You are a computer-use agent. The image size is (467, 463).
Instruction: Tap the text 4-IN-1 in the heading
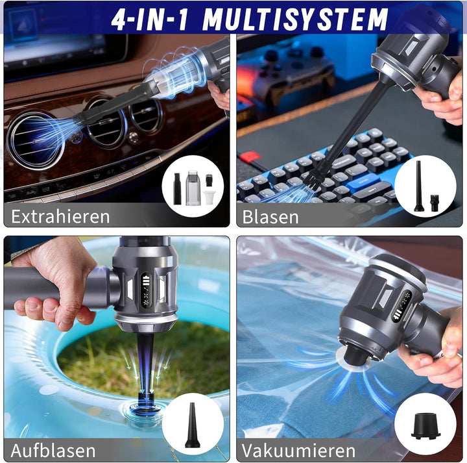[x=151, y=19]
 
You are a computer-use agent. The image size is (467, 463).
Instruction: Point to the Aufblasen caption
[x=53, y=450]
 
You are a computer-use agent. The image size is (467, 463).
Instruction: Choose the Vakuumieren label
[x=299, y=450]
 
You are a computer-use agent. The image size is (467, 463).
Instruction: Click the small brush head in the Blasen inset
[x=435, y=198]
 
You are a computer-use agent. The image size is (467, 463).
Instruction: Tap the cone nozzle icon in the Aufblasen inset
[x=193, y=425]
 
